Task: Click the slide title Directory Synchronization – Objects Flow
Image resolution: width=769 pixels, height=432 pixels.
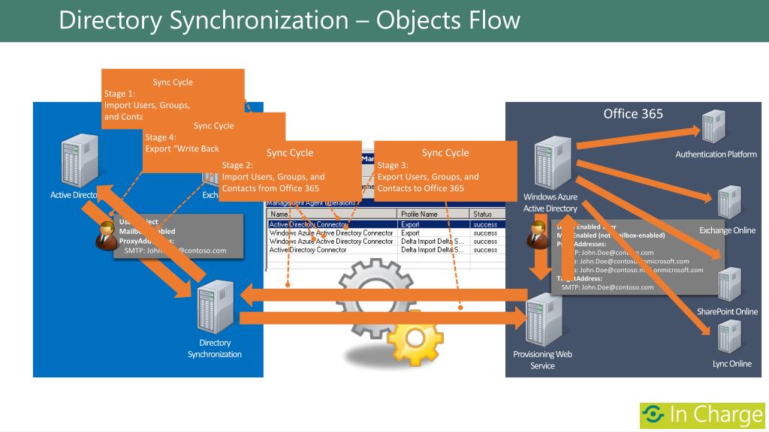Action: pyautogui.click(x=289, y=20)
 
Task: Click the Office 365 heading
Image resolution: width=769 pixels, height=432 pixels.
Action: pyautogui.click(x=633, y=114)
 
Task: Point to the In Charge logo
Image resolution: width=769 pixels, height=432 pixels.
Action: pyautogui.click(x=701, y=415)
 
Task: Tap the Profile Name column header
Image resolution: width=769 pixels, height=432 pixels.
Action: pyautogui.click(x=420, y=214)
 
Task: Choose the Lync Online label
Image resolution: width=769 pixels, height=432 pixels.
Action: pyautogui.click(x=731, y=364)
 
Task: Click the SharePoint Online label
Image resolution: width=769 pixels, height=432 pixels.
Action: pyautogui.click(x=727, y=311)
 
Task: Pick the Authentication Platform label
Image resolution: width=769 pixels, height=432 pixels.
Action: pyautogui.click(x=716, y=154)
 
